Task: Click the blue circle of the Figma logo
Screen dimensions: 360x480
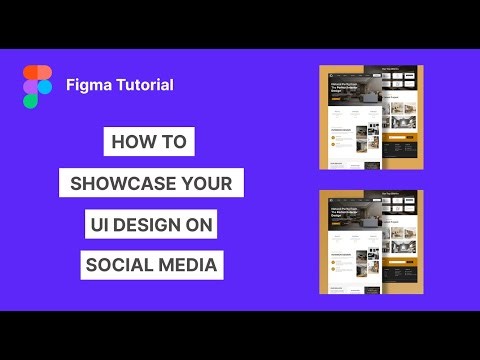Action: point(46,87)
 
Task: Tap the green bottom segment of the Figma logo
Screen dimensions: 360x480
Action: point(32,100)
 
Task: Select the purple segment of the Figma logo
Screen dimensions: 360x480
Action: point(32,87)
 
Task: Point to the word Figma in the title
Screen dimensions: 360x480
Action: point(86,85)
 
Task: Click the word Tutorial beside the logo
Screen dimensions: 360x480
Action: point(142,85)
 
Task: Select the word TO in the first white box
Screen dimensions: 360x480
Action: point(173,142)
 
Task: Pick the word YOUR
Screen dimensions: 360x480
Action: point(208,184)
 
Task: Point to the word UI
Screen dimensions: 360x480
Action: point(100,225)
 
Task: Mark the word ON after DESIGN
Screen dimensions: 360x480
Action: point(198,225)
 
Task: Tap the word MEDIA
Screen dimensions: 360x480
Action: point(190,266)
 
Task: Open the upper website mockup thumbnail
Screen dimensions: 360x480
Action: point(370,117)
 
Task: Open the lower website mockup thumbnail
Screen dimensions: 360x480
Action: point(370,240)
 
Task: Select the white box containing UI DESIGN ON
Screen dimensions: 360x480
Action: point(150,225)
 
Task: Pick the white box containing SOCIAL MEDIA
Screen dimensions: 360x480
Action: point(152,266)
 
